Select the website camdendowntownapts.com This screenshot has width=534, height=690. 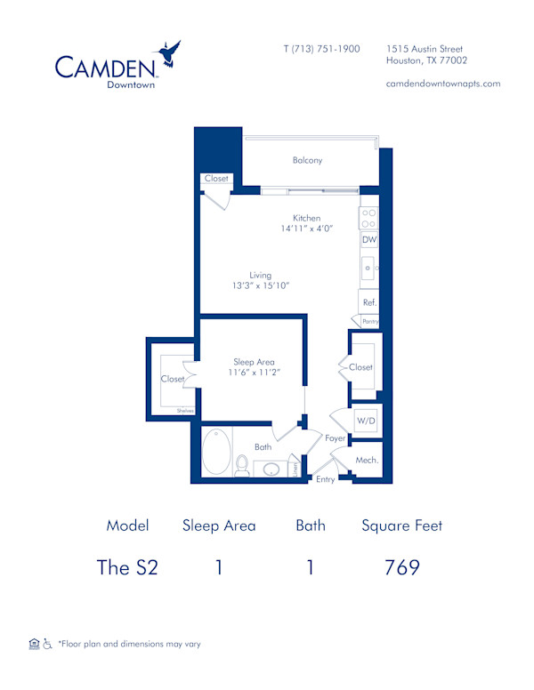tap(443, 84)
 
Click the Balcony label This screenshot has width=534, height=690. tap(307, 161)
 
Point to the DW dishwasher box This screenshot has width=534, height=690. tap(368, 240)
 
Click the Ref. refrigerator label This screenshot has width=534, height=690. tap(369, 302)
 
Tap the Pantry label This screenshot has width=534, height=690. tap(370, 321)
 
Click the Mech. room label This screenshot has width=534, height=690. tap(367, 460)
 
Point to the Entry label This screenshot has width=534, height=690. tap(327, 479)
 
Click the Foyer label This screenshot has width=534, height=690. tap(335, 438)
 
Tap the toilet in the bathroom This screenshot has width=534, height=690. tap(242, 465)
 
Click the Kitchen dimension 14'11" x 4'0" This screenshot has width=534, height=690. tap(307, 229)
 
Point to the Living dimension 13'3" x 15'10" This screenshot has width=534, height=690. tap(260, 285)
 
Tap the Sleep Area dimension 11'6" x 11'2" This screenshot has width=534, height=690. tap(254, 373)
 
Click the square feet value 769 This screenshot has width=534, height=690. tap(401, 567)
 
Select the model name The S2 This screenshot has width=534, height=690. tap(127, 567)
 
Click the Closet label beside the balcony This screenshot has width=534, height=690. tap(216, 179)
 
